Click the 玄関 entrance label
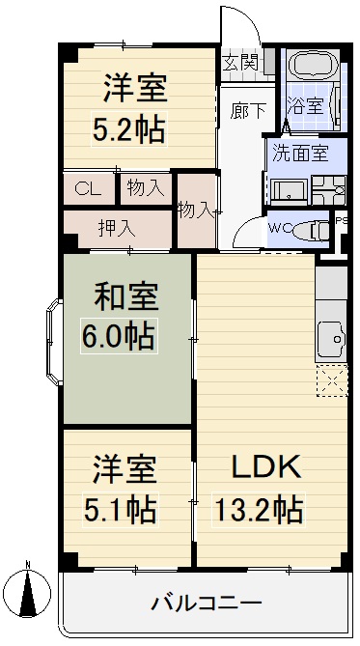click(241, 64)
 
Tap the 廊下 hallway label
click(247, 110)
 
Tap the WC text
click(280, 229)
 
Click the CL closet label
click(89, 188)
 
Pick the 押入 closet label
click(117, 229)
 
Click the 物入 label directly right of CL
click(146, 188)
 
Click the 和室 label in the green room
click(126, 297)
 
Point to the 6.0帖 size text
click(119, 338)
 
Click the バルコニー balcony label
click(206, 604)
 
